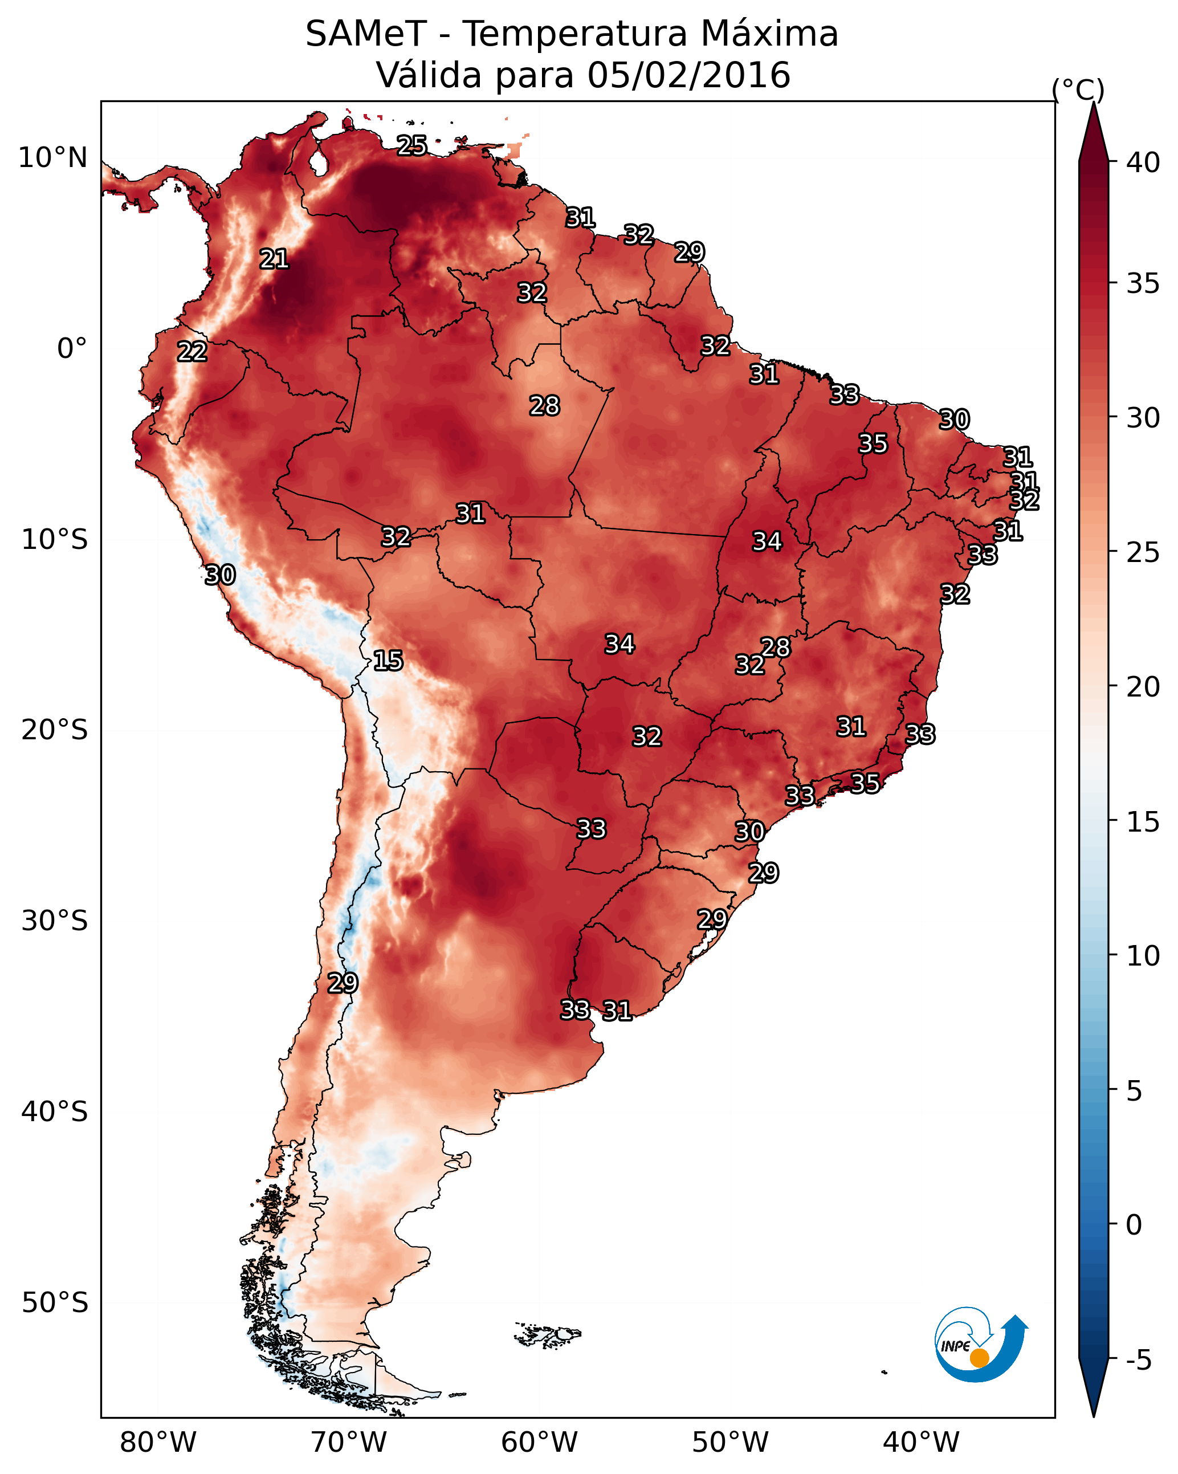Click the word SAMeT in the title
click(x=366, y=34)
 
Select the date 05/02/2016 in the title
click(x=688, y=75)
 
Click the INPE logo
click(x=981, y=1346)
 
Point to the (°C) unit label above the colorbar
click(x=1078, y=90)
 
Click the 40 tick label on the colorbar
click(x=1143, y=162)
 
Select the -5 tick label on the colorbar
click(x=1139, y=1361)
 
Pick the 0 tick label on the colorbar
click(x=1134, y=1225)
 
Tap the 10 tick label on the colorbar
click(x=1143, y=956)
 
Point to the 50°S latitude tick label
click(x=55, y=1303)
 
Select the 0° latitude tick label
click(x=72, y=349)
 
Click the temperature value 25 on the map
click(x=412, y=145)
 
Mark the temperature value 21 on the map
click(x=274, y=259)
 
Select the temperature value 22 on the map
click(x=192, y=352)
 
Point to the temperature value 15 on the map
click(x=388, y=661)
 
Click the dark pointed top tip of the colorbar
click(x=1094, y=103)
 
